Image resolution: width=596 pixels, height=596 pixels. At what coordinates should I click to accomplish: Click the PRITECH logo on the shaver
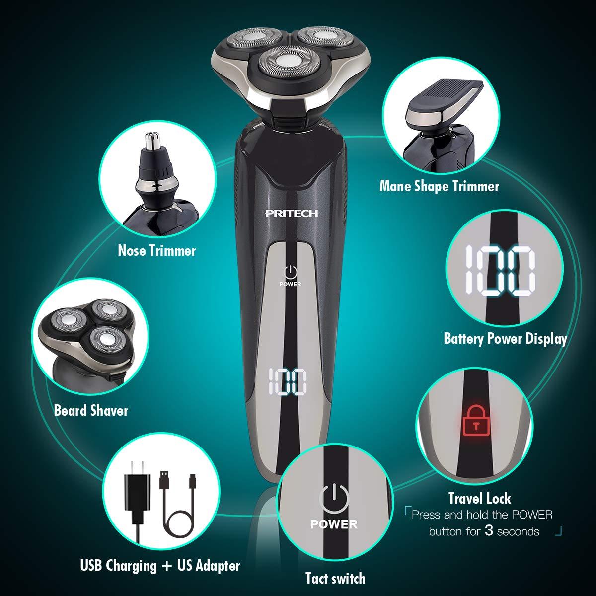pos(291,213)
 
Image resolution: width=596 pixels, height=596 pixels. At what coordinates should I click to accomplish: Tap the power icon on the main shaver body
pos(291,272)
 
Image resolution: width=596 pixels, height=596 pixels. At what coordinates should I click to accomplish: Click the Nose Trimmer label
pos(157,250)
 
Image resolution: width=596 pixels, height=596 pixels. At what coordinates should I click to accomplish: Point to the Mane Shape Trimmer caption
pos(439,186)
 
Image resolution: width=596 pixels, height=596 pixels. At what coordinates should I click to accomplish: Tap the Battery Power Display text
pos(505,339)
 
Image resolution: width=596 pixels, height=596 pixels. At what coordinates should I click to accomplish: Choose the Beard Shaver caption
pos(91,410)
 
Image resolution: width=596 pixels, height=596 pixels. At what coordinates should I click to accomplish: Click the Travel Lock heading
pos(479,498)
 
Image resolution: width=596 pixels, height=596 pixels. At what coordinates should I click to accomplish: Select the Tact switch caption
pos(335,578)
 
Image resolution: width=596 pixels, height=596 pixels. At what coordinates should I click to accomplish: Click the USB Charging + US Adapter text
pos(160,565)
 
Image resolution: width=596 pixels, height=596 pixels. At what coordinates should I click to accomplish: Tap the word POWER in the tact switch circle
pos(334,524)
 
